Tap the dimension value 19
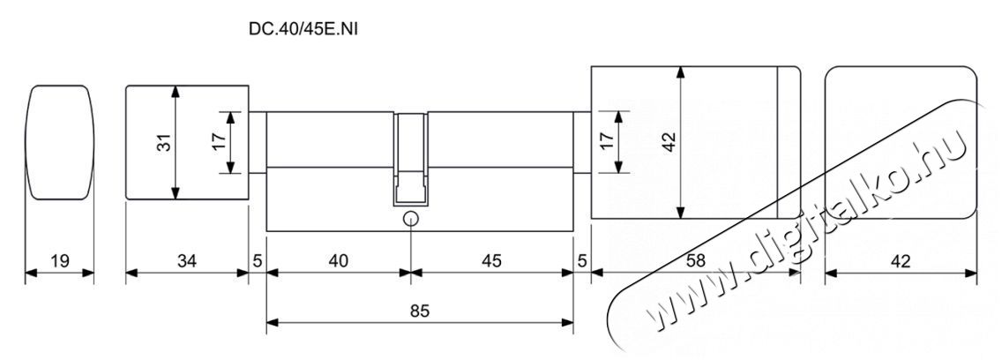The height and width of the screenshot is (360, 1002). click(x=59, y=261)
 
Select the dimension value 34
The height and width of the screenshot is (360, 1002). click(x=187, y=261)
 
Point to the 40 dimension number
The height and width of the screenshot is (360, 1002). click(x=338, y=261)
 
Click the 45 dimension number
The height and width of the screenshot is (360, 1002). click(x=491, y=261)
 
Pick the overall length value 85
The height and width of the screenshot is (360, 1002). click(x=419, y=311)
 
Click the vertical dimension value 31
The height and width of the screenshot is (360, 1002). click(x=165, y=142)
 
